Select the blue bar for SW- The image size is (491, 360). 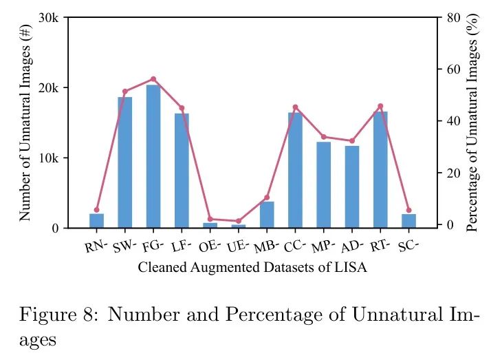[x=125, y=162]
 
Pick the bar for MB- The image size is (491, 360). [x=267, y=215]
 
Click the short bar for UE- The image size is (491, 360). [x=239, y=226]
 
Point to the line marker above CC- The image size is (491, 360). [x=296, y=107]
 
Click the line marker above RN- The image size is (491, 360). [x=97, y=210]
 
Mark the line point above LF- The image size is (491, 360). [x=182, y=108]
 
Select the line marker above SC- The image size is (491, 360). [x=409, y=211]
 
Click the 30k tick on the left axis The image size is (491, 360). [x=48, y=18]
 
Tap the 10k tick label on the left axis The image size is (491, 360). [x=48, y=158]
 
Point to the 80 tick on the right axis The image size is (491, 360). [x=452, y=18]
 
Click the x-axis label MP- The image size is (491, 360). [x=323, y=246]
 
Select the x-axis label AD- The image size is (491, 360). [x=351, y=246]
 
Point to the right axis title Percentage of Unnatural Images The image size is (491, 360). [x=472, y=125]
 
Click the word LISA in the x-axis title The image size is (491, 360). [x=351, y=268]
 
